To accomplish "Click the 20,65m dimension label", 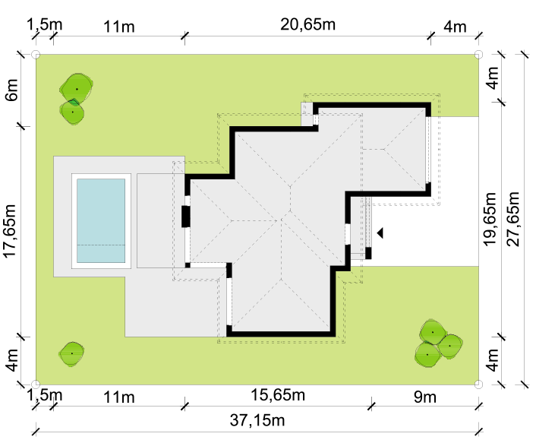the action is coord(307,24).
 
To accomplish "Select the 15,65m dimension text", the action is coord(278,395).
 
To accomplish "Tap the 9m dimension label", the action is coord(425,397).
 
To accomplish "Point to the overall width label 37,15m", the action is coord(257,420).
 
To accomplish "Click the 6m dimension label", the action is coord(11,90).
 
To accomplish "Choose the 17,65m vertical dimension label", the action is coord(11,230).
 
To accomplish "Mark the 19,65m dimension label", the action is coord(490,219).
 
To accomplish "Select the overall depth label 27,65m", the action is coord(512,219).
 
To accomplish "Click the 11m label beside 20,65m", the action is coord(118,27).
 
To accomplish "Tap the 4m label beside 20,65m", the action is coord(455,27).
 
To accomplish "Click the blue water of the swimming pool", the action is coord(101,220).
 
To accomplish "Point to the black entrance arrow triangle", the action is coord(380,233).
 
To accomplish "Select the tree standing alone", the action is coord(71,353).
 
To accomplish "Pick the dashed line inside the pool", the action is coord(101,245).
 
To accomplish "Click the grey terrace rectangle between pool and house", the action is coord(161,220).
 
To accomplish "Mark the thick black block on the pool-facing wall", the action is coord(185,217).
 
